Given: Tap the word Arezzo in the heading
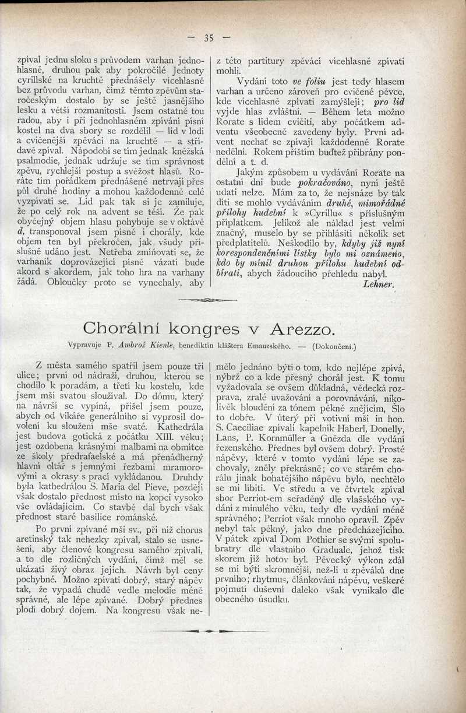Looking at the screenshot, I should point(301,329).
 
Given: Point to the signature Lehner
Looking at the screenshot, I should point(379,283).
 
